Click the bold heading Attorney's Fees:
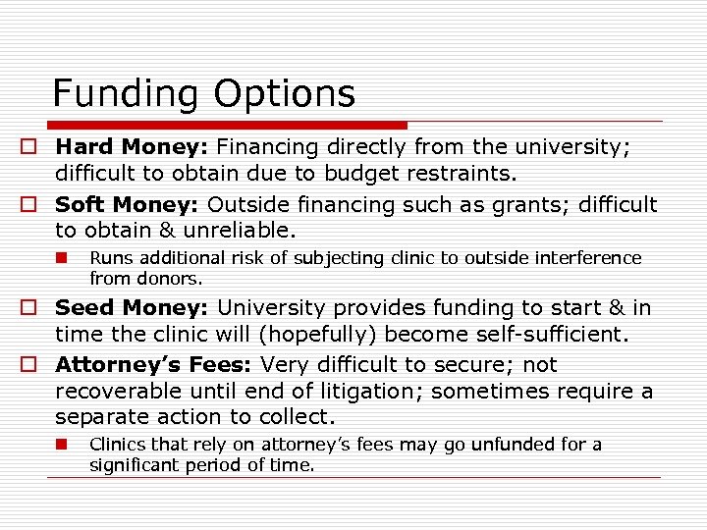[154, 365]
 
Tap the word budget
[350, 175]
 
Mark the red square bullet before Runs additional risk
[61, 258]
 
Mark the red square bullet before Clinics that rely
[61, 444]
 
